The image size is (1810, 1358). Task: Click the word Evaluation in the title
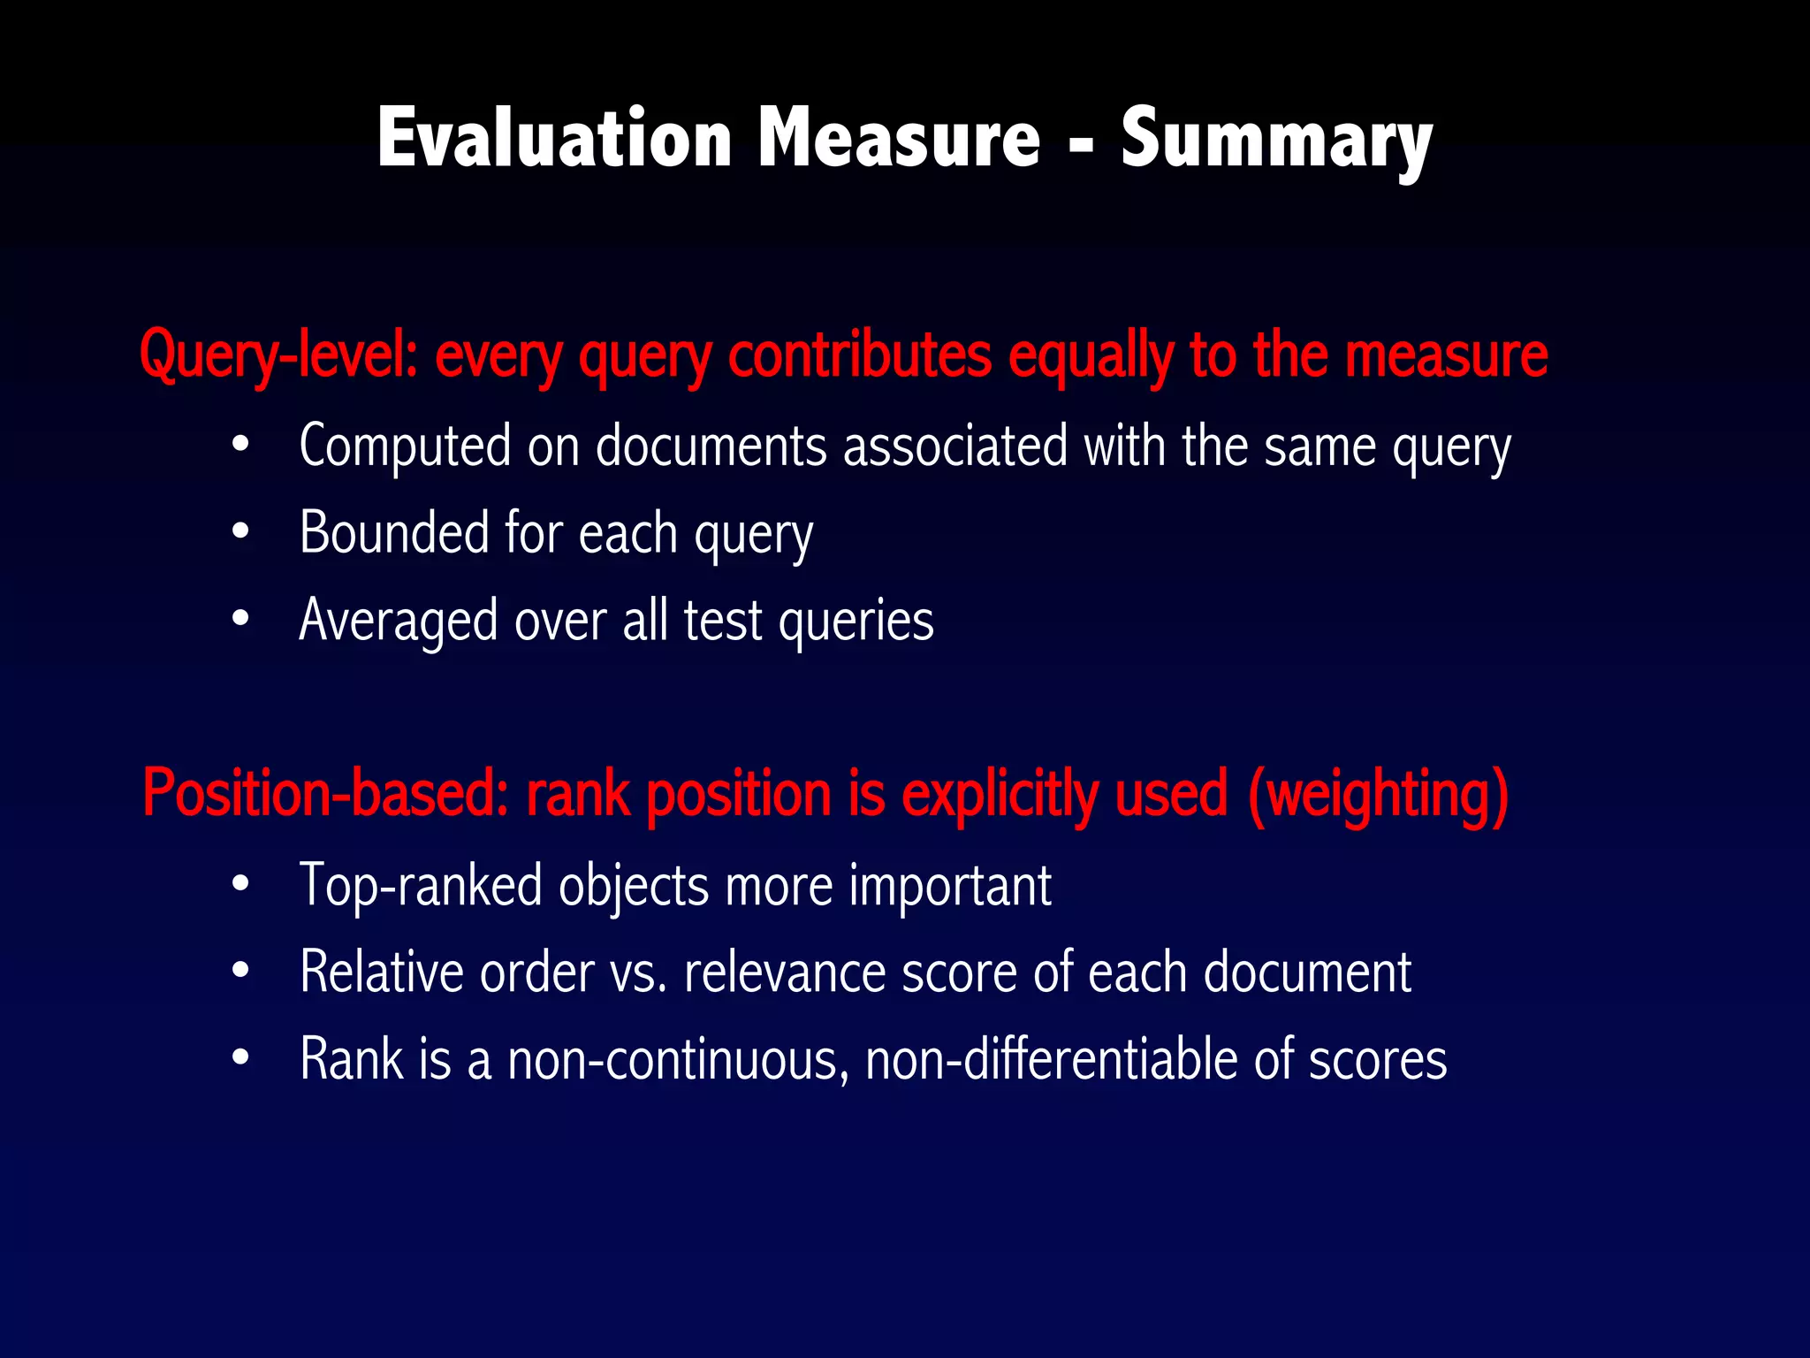[554, 139]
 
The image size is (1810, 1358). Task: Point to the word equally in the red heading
[1091, 355]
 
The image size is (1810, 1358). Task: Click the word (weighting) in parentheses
[1378, 793]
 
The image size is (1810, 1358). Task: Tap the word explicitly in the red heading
[1000, 793]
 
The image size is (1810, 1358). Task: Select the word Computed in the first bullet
[405, 446]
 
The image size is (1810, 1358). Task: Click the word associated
[955, 446]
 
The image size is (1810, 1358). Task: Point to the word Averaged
[399, 621]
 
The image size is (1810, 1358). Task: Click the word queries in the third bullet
[856, 621]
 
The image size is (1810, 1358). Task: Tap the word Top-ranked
[421, 886]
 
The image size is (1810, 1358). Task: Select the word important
[950, 886]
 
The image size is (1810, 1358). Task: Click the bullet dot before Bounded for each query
[240, 532]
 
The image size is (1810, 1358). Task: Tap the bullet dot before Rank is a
[240, 1057]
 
